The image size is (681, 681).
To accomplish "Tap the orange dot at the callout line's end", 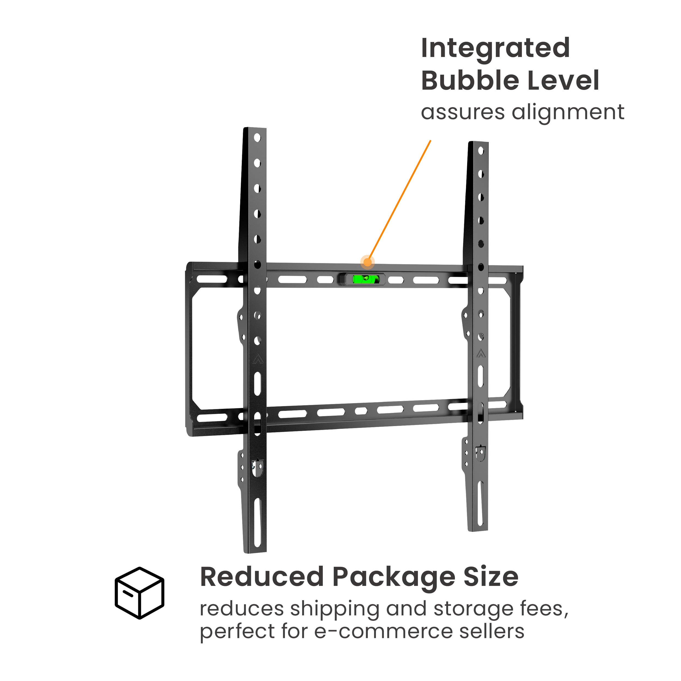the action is coord(367,262).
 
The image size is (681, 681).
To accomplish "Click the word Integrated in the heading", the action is coord(495,49).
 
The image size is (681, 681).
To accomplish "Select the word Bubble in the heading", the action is coord(469,80).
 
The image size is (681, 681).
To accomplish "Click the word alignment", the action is coord(568,113).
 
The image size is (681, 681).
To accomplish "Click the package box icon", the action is coord(139,593).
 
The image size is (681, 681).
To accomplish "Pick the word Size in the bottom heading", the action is coord(491,577).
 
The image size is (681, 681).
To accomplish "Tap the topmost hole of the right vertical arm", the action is coord(481,151).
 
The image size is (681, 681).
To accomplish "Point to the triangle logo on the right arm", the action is coord(481,353).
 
